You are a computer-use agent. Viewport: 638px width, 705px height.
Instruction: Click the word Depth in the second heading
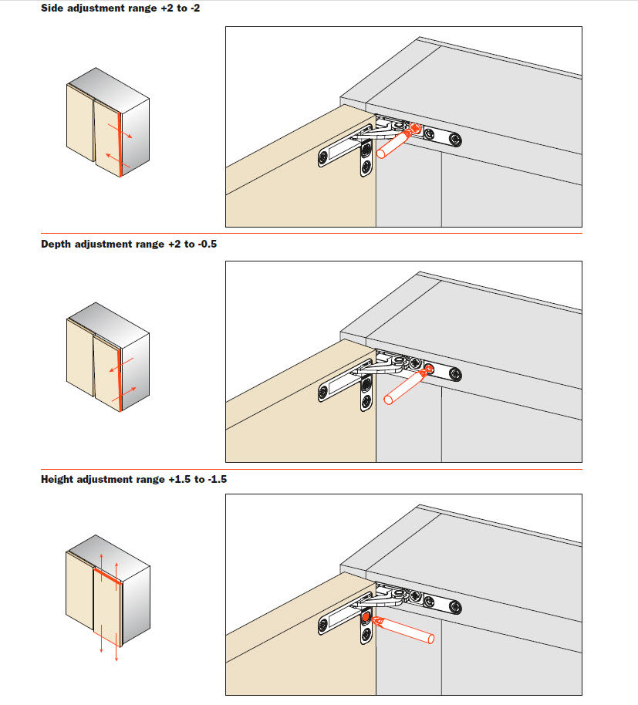tap(56, 244)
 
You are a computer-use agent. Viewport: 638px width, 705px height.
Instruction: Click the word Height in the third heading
tap(57, 479)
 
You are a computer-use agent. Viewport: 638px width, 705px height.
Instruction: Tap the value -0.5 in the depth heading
tap(208, 244)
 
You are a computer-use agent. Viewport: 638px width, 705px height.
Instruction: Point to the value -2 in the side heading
tap(195, 8)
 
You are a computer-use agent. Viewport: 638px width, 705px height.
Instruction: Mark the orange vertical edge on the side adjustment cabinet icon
tap(120, 144)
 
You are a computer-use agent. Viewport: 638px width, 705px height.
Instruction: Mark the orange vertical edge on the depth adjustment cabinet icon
tap(120, 379)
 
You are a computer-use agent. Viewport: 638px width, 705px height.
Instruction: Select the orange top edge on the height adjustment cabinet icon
tap(108, 575)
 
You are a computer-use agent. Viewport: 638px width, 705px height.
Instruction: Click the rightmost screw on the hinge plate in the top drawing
tap(455, 140)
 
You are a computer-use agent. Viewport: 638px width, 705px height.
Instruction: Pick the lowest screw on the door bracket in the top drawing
tap(366, 167)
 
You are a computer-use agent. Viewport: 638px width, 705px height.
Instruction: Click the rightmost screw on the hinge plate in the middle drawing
tap(455, 374)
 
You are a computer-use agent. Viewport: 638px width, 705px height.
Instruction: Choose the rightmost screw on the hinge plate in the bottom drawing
tap(455, 608)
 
